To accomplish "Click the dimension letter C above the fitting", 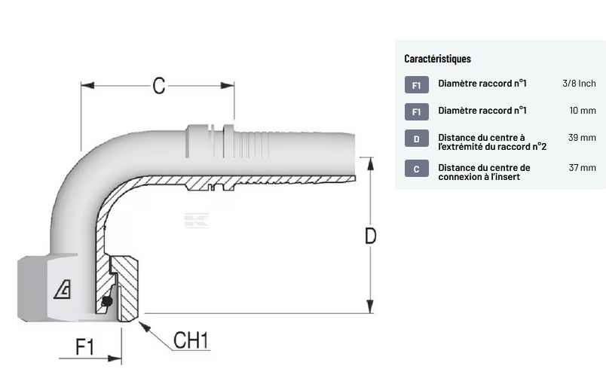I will coord(158,85).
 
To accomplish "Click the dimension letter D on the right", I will coord(370,236).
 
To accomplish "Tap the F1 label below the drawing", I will coord(84,346).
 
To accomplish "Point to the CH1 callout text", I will coord(191,340).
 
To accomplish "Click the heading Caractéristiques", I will coord(437,59).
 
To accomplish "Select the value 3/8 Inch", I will coord(579,84).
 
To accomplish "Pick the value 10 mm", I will coord(583,111).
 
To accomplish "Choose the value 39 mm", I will coord(582,138).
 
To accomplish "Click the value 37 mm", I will coord(582,168).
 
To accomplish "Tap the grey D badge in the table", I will coord(416,139).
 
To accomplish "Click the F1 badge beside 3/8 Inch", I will coord(416,84).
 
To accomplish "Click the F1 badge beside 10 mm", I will coord(416,111).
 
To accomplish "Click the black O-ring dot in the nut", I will coord(106,302).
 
